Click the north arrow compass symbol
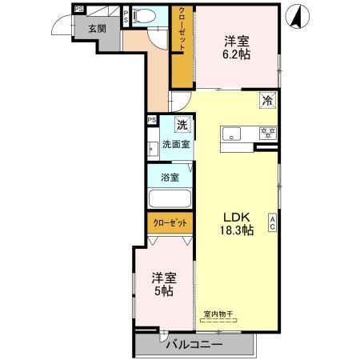[x=297, y=16]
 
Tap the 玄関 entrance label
[x=97, y=28]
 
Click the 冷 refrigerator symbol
[x=267, y=101]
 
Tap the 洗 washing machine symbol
[x=182, y=125]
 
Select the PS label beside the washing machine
[x=152, y=121]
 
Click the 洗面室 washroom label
[x=176, y=146]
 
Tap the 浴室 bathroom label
[x=169, y=178]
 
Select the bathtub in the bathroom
[x=169, y=199]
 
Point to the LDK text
[x=237, y=217]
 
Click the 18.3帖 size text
[x=237, y=230]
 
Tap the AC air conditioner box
[x=273, y=223]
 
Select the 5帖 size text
[x=163, y=292]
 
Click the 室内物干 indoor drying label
[x=218, y=314]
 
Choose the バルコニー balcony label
[x=194, y=345]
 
